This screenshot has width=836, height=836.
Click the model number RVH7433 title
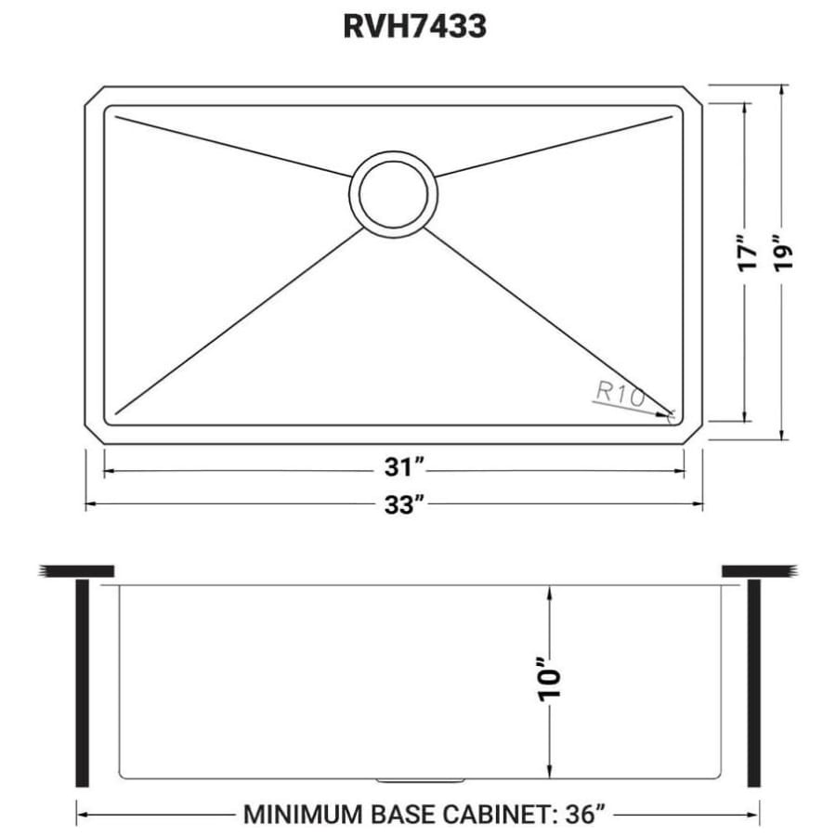(x=415, y=27)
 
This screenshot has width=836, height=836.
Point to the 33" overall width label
(x=405, y=504)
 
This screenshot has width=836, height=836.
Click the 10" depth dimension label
(x=550, y=682)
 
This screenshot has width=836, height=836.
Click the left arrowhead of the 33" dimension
(x=90, y=504)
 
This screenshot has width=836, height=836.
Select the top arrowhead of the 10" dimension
(x=550, y=591)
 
